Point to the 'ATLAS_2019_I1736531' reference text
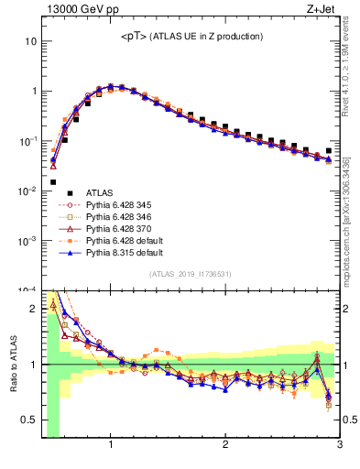[x=190, y=275]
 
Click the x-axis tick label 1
[x=111, y=445]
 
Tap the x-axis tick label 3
[x=339, y=445]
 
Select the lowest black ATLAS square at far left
[x=53, y=182]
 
